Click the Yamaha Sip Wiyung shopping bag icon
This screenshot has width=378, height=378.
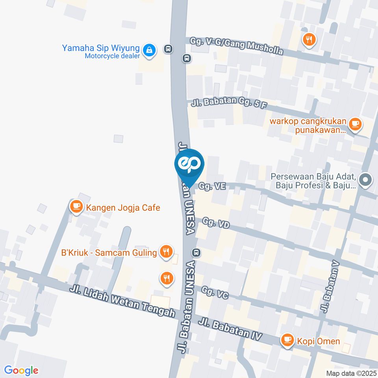149,50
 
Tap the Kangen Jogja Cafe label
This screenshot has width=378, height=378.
123,208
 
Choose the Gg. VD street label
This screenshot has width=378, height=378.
216,224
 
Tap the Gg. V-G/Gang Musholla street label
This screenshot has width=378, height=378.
236,46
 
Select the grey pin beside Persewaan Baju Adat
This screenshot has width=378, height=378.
366,181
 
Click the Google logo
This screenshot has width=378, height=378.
21,370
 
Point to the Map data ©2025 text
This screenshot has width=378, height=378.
351,373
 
